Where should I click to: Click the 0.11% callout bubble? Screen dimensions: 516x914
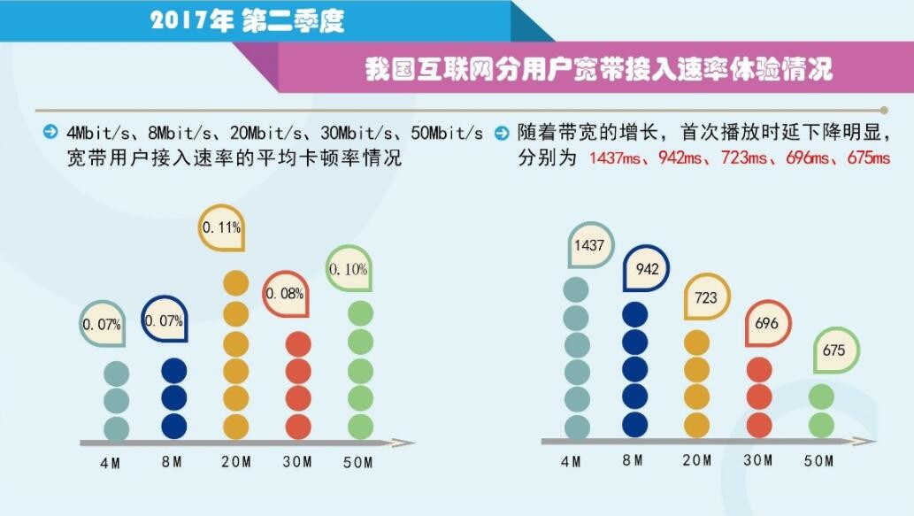click(221, 227)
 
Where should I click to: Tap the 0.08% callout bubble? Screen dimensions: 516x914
click(286, 294)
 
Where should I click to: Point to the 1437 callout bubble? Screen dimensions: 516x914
click(588, 245)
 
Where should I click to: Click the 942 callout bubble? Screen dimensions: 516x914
click(647, 269)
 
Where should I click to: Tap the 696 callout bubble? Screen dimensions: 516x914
click(766, 323)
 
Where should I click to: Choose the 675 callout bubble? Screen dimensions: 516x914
click(833, 350)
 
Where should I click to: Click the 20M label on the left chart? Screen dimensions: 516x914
click(236, 462)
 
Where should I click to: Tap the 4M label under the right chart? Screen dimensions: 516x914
click(572, 461)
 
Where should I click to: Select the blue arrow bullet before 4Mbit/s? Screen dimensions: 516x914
click(50, 134)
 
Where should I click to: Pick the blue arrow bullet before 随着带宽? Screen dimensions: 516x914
click(502, 134)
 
